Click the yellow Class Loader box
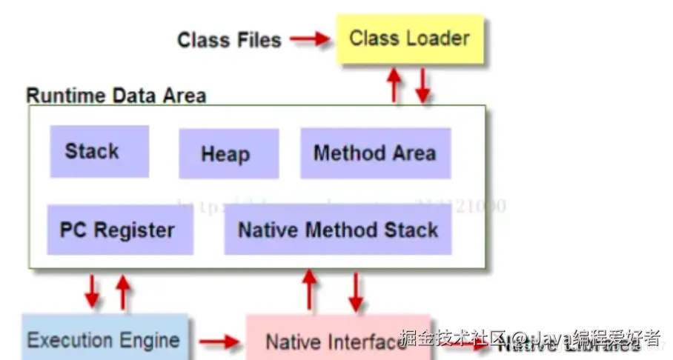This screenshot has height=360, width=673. coord(410,39)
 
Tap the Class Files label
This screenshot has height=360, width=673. coord(229,39)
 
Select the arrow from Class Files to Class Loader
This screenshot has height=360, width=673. coord(309,39)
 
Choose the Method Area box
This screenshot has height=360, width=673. coord(375,153)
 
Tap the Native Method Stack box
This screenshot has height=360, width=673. coord(338,230)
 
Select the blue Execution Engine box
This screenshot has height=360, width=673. coord(104,340)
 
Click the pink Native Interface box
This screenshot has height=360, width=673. coord(326,341)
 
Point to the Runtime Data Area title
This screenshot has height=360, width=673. coord(116,96)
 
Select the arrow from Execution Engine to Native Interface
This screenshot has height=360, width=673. coord(220,341)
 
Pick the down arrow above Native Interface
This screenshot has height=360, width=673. coord(356,291)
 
